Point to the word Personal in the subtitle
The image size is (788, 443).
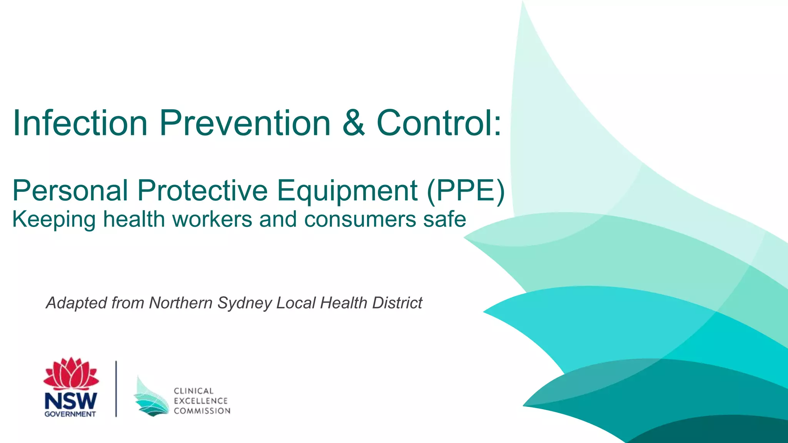point(70,190)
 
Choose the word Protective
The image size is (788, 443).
point(202,190)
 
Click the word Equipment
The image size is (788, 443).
point(347,191)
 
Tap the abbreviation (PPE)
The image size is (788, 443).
point(466,190)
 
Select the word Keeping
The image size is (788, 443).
point(53,220)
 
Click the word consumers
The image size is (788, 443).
point(360,219)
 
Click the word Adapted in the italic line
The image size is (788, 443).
point(76,303)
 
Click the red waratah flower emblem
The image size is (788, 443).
point(71,374)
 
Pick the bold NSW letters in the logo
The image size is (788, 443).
point(71,401)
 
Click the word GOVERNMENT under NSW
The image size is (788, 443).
point(70,414)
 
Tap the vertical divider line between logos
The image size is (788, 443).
point(116,388)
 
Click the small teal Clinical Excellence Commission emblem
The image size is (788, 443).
point(151,398)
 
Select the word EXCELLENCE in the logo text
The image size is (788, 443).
point(200,401)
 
